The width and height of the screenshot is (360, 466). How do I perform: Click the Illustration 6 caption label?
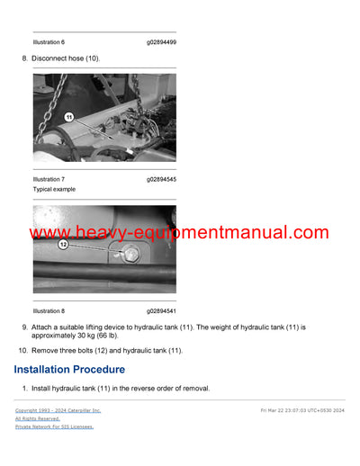pos(49,42)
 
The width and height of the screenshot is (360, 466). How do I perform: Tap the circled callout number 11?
pos(67,117)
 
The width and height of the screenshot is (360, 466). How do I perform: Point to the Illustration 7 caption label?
pos(49,179)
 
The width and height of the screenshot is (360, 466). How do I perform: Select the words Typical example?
pos(54,190)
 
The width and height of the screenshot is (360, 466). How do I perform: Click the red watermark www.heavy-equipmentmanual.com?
pos(179,233)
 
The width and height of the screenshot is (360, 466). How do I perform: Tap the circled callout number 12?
pos(64,245)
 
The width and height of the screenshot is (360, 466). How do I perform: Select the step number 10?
pos(22,350)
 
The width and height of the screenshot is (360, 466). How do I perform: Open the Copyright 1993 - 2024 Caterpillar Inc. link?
pos(58,410)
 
